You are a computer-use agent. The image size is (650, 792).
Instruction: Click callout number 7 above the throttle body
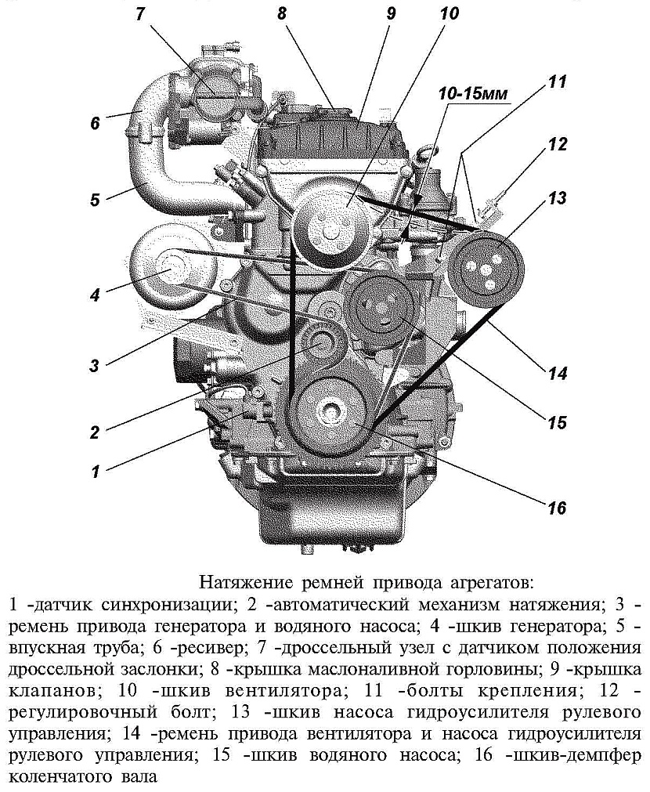click(x=142, y=16)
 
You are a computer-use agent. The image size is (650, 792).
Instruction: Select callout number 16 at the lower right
click(x=556, y=508)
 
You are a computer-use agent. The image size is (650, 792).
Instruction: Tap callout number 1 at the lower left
click(x=95, y=472)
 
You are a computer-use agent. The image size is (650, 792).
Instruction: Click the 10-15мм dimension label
click(x=473, y=94)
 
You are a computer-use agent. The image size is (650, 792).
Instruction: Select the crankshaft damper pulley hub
click(x=330, y=410)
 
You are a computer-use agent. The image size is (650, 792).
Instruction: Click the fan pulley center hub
click(x=330, y=231)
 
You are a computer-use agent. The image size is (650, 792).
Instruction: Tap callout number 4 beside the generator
click(x=95, y=295)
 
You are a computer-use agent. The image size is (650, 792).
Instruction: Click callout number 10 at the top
click(x=448, y=13)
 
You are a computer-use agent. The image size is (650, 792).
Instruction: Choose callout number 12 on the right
click(x=557, y=144)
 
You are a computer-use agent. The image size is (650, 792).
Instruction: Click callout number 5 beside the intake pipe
click(x=95, y=199)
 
